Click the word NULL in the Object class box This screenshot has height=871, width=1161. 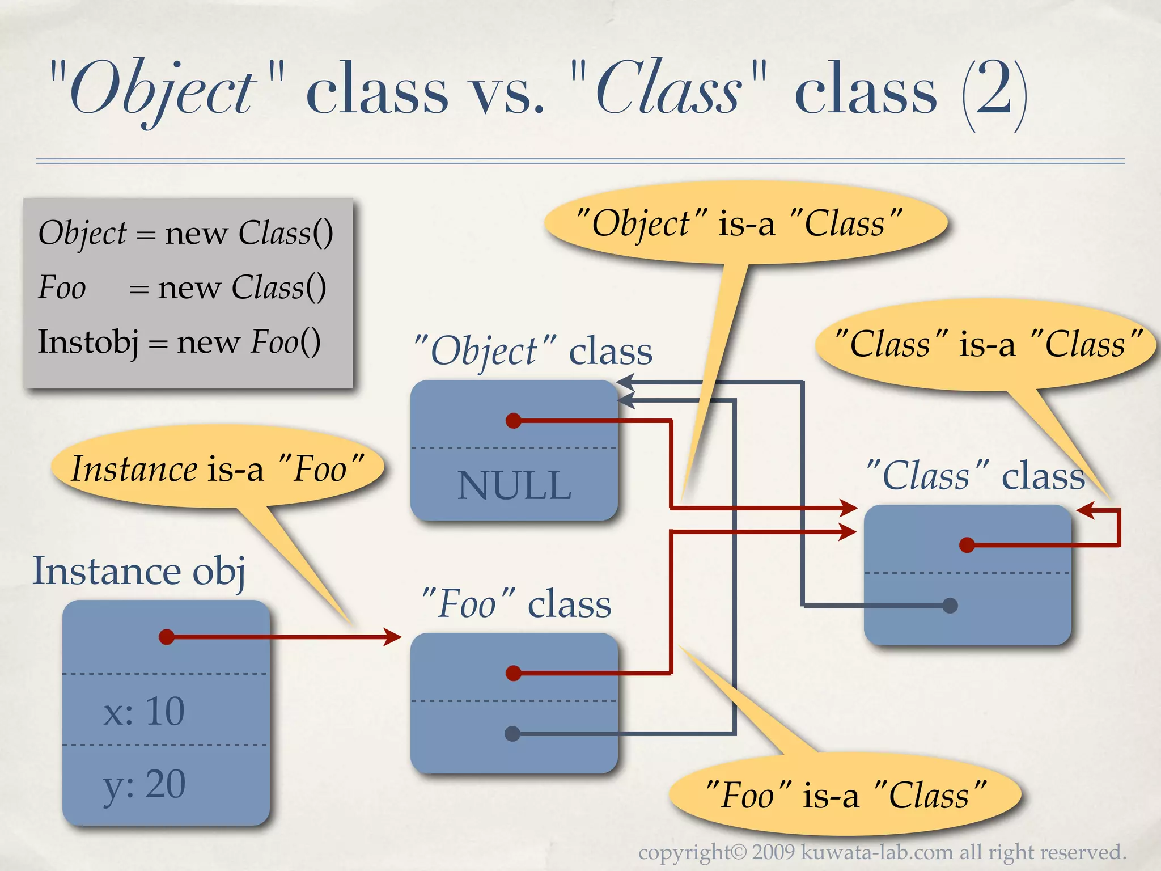[514, 486]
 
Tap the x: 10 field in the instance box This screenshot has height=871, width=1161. [144, 711]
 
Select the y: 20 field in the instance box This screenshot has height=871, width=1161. [144, 785]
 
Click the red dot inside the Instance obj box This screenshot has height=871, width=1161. [167, 637]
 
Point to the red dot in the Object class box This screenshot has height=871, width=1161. [514, 421]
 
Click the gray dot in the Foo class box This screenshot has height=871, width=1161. [512, 734]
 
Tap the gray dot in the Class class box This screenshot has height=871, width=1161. [950, 606]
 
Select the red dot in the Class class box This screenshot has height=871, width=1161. [967, 545]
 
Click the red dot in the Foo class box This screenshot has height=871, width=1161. [514, 673]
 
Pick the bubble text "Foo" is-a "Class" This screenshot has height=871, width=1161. [845, 795]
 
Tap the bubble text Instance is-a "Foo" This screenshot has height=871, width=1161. [217, 470]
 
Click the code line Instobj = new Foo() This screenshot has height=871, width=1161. [179, 342]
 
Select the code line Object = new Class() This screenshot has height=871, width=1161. [185, 233]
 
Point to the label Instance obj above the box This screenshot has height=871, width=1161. [139, 571]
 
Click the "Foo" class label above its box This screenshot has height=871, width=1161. [516, 603]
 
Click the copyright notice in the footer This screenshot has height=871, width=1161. [882, 852]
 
